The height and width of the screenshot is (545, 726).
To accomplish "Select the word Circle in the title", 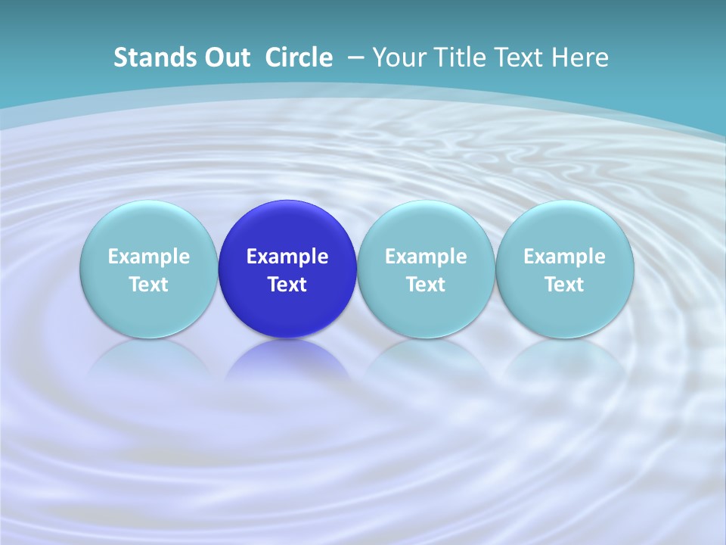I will pyautogui.click(x=299, y=58).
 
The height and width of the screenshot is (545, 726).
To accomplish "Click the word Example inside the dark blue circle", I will pyautogui.click(x=287, y=257).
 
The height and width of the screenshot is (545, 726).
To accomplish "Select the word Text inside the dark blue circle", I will pyautogui.click(x=287, y=285).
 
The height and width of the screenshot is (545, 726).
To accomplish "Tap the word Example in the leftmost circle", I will pyautogui.click(x=149, y=257).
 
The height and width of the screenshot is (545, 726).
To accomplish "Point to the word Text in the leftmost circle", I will pyautogui.click(x=149, y=285).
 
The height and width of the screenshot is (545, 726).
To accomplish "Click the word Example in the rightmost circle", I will pyautogui.click(x=564, y=257).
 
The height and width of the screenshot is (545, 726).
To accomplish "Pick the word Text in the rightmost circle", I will pyautogui.click(x=564, y=285).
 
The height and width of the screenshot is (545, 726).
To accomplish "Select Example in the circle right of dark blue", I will pyautogui.click(x=426, y=257).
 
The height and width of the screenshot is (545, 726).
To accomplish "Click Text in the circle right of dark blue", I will pyautogui.click(x=426, y=285).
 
